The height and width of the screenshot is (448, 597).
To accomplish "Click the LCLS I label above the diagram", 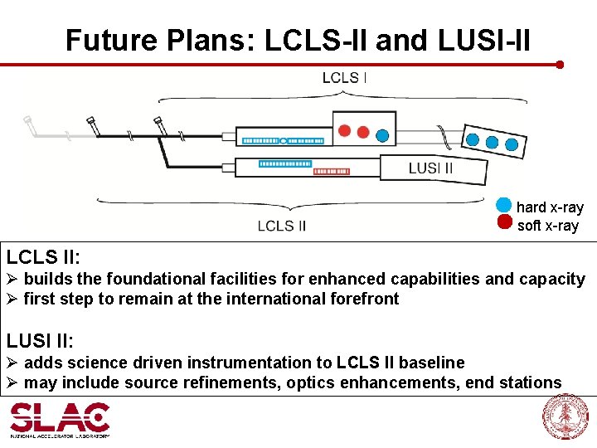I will tap(344, 78).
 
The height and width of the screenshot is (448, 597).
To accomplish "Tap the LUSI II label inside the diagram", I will tap(430, 168).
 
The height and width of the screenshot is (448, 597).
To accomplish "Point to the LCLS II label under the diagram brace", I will tap(282, 225).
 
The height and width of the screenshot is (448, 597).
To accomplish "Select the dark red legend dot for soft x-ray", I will tap(504, 222).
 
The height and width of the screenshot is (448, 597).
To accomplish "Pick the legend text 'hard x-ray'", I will tap(550, 207).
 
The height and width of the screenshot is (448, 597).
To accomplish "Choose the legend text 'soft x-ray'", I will tap(548, 226).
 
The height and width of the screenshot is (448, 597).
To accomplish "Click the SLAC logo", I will tap(60, 420).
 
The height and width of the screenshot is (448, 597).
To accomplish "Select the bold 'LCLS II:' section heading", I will tap(42, 255).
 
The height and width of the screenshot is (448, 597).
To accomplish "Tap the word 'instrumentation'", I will tap(273, 363).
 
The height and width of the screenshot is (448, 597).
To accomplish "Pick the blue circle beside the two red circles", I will tap(382, 134).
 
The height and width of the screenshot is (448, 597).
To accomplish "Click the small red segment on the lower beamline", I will tap(332, 171).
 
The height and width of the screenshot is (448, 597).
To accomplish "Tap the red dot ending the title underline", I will tap(561, 64).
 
